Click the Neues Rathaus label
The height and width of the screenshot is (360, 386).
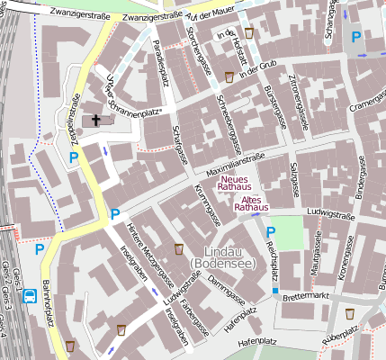(x=239, y=183)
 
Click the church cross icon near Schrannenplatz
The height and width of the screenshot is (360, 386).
(x=95, y=120)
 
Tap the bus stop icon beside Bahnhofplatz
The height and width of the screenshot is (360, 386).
(x=31, y=295)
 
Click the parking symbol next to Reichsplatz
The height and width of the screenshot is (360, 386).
(x=271, y=232)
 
